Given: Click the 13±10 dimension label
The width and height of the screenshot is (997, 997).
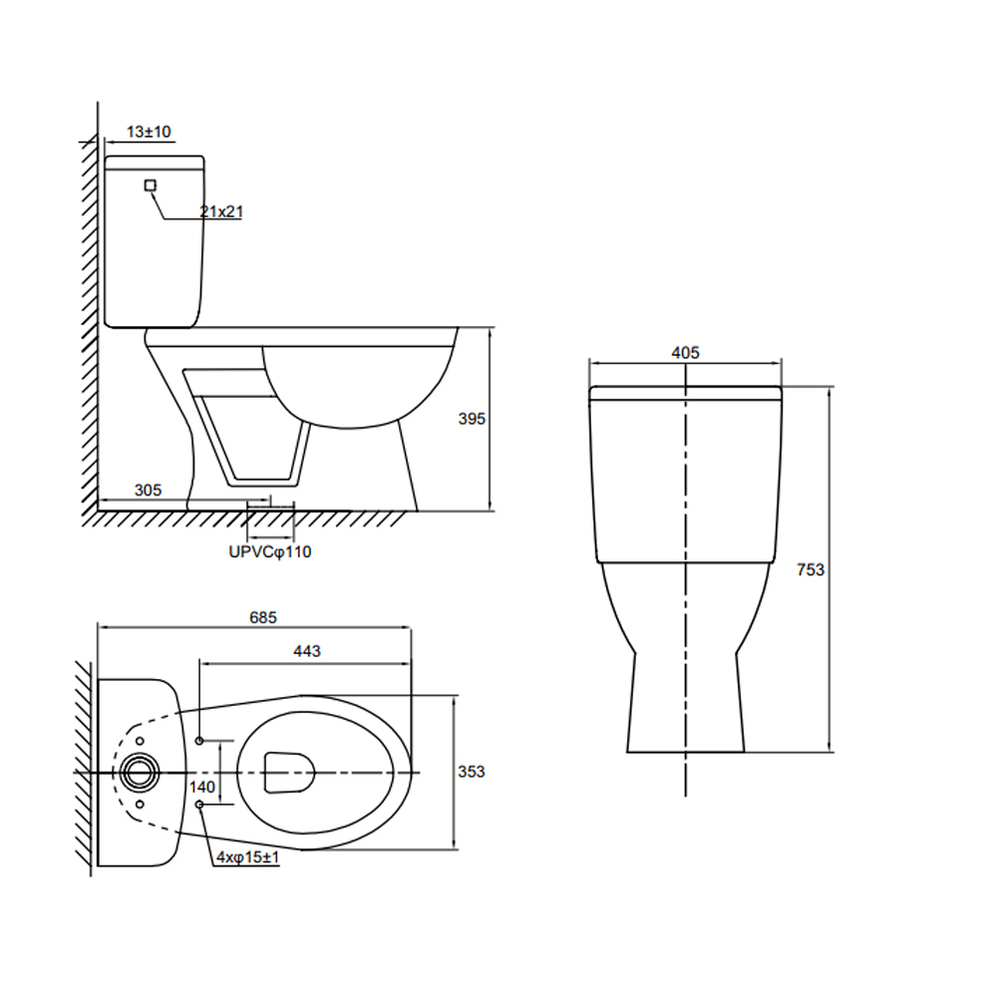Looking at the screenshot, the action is pyautogui.click(x=149, y=132).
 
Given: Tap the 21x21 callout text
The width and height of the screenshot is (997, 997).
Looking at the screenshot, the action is pyautogui.click(x=221, y=211).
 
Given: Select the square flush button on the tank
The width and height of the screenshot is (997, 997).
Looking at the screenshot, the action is pyautogui.click(x=151, y=185).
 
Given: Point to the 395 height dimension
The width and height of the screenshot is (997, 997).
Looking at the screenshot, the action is pyautogui.click(x=472, y=419).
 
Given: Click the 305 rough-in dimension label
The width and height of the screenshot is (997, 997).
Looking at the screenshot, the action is pyautogui.click(x=149, y=491).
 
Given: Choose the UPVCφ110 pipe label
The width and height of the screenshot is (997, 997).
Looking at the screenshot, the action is pyautogui.click(x=270, y=552).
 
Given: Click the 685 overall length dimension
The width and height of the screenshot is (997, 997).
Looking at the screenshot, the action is pyautogui.click(x=263, y=617).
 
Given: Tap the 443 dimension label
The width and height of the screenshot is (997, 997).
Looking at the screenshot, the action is pyautogui.click(x=307, y=651).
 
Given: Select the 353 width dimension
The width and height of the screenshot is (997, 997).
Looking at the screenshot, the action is pyautogui.click(x=472, y=772).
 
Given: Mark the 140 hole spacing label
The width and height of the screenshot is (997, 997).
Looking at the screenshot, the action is pyautogui.click(x=202, y=788).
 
